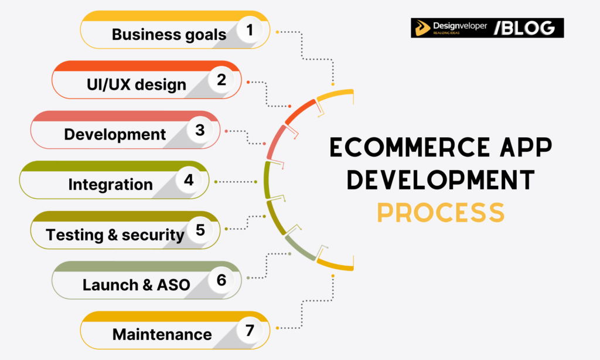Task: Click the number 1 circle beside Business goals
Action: (250, 30)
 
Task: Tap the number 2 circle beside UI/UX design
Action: (221, 80)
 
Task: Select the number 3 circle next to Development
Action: (200, 130)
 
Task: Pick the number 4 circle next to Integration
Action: (188, 179)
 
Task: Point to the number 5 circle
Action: (200, 229)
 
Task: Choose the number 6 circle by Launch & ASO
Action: (221, 280)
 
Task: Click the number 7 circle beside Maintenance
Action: (250, 330)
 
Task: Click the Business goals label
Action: (169, 35)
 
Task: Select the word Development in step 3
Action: (115, 134)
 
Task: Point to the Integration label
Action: (110, 185)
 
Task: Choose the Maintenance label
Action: (162, 335)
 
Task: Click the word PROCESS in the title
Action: (440, 212)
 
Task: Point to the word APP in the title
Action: (521, 148)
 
